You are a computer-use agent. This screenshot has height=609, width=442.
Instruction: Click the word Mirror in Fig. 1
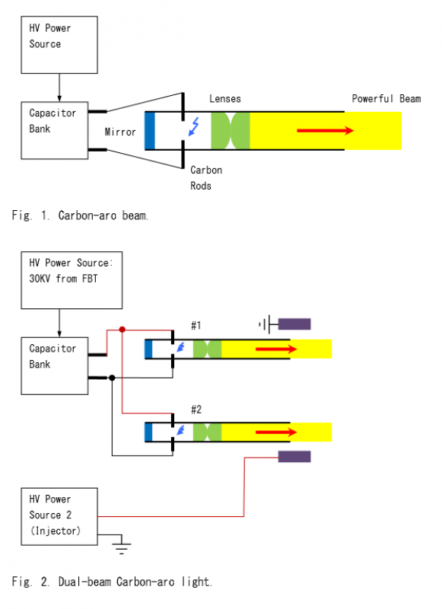(x=120, y=132)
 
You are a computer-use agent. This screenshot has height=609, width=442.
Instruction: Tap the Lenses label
(x=225, y=99)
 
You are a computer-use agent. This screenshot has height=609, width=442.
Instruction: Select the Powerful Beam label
(x=386, y=99)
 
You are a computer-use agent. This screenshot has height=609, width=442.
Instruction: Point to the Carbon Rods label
(x=206, y=178)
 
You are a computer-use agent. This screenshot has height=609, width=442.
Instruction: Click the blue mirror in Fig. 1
(x=149, y=130)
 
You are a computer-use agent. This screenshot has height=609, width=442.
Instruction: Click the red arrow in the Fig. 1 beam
(x=325, y=130)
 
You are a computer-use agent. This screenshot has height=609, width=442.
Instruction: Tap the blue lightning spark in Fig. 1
(x=194, y=126)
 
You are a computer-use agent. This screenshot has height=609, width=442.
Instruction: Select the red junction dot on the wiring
(x=122, y=330)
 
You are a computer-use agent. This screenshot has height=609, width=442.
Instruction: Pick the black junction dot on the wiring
(x=112, y=378)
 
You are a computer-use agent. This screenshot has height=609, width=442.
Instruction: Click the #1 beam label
(x=196, y=325)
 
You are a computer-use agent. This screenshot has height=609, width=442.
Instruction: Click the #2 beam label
(x=196, y=410)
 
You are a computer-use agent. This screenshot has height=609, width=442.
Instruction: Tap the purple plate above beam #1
(x=294, y=324)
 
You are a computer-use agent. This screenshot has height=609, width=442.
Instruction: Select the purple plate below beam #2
(x=294, y=456)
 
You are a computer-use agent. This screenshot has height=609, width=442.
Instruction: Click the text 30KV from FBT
(x=63, y=279)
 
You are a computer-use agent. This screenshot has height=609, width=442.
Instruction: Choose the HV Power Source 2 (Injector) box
(x=59, y=517)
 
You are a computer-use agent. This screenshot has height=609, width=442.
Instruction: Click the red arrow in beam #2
(x=276, y=432)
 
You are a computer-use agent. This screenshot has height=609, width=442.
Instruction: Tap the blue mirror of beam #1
(x=148, y=349)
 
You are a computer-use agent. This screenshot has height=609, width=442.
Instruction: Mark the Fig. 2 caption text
(x=112, y=582)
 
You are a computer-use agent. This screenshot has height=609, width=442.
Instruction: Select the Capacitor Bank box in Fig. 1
(x=55, y=130)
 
